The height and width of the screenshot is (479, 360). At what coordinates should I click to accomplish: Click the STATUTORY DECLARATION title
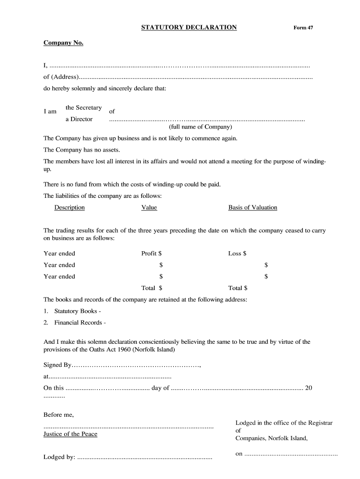coord(189,28)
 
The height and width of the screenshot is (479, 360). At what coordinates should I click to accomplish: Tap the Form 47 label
coord(303,28)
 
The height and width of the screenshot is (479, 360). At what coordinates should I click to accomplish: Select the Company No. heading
coord(64,43)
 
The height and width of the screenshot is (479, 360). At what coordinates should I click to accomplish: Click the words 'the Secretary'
coord(84,108)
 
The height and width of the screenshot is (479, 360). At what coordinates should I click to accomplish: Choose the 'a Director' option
coord(79,119)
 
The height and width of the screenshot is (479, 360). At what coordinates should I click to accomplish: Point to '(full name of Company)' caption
coord(200,127)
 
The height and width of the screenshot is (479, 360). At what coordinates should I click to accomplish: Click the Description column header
coord(70,208)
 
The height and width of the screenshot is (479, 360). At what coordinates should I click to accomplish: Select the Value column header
coord(149,208)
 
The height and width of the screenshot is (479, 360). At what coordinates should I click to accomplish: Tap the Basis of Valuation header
coord(252,208)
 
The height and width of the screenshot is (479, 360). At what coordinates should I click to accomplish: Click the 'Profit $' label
coord(151,254)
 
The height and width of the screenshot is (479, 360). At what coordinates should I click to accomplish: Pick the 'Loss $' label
coord(237,254)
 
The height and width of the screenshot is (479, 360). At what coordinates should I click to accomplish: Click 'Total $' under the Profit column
coord(151,288)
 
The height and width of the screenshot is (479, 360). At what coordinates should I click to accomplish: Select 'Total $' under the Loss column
coord(238,288)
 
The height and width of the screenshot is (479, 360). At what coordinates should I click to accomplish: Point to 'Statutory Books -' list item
coord(78,311)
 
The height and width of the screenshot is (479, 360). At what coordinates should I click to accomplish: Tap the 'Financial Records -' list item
coord(80,323)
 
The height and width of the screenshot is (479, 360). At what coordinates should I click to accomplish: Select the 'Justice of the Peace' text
coord(70,434)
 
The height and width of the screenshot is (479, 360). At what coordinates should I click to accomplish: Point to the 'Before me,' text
coord(58,415)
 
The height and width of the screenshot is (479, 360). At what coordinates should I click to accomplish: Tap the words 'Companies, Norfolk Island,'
coord(271,438)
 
